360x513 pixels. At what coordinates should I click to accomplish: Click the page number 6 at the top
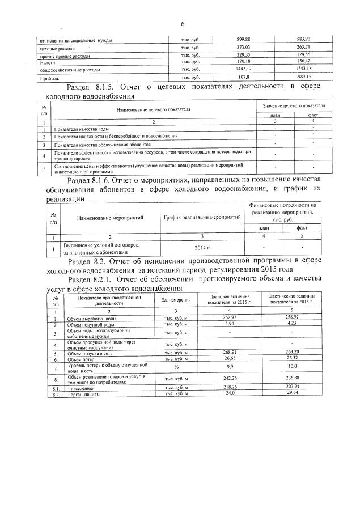(183, 24)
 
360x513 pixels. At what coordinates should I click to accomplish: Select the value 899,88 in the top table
(243, 39)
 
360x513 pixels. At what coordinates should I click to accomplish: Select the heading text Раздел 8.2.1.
(94, 279)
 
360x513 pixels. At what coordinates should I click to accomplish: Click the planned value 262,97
(229, 318)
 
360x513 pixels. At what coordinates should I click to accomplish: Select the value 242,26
(229, 379)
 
